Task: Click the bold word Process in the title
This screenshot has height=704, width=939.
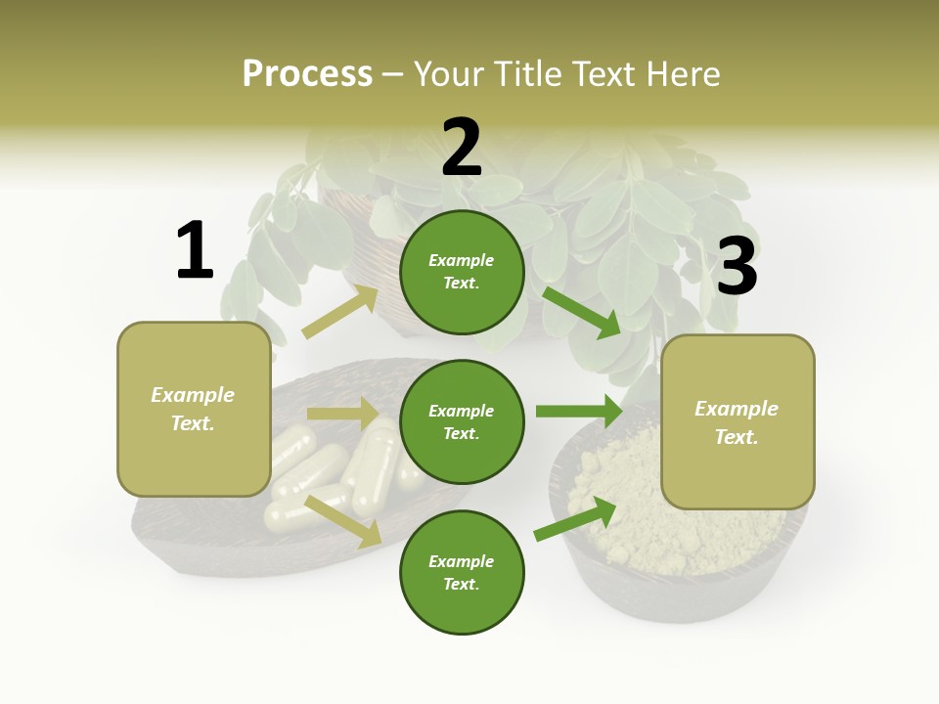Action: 307,74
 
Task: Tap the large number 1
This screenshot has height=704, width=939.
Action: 195,251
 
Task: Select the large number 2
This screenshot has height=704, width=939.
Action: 462,148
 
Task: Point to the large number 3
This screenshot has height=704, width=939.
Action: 737,267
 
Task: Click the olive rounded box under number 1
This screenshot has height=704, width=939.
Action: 194,409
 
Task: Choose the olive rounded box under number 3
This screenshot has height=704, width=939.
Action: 738,421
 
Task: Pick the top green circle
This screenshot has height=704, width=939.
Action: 462,272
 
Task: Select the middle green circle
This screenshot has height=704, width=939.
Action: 462,421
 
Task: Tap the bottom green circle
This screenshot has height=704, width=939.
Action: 462,572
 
